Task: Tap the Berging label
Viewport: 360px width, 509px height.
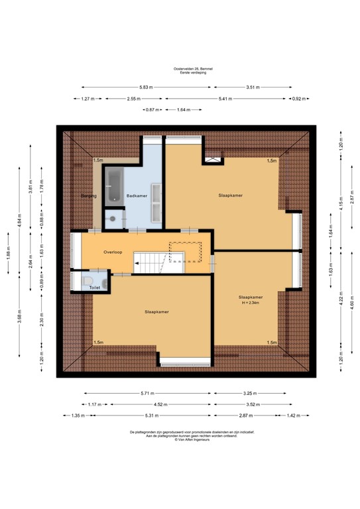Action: coord(89,196)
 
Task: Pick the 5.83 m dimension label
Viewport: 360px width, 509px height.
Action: coord(146,87)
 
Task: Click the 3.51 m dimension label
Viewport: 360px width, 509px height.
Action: coord(252,87)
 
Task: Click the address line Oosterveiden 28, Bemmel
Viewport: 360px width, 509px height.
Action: coord(180,69)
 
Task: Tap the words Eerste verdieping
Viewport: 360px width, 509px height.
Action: coord(180,73)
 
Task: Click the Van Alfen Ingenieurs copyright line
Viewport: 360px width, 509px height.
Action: coord(180,439)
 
